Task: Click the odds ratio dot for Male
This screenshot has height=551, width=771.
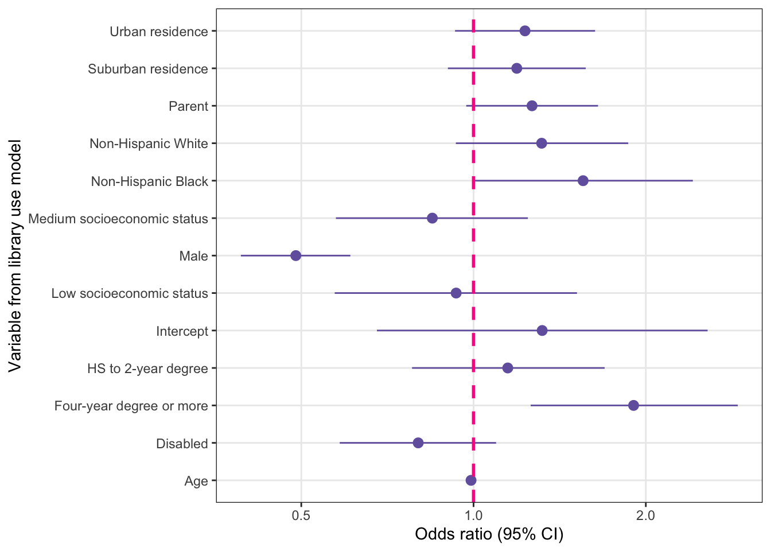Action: point(295,255)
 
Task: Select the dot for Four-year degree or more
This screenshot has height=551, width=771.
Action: point(633,406)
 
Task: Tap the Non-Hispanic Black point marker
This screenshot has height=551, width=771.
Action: point(583,181)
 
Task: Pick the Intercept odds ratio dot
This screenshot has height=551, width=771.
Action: point(542,331)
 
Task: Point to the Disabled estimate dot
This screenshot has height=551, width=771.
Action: point(418,443)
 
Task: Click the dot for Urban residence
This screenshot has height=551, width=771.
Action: point(525,31)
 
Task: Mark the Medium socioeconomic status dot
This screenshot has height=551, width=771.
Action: point(433,218)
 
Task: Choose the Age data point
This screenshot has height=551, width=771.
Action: point(471,480)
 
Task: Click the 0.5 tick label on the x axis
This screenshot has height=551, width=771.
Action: point(301,515)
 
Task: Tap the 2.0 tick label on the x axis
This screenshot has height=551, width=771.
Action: point(646,515)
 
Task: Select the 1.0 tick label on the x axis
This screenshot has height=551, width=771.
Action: point(473,515)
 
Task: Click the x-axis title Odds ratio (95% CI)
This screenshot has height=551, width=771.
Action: point(489,534)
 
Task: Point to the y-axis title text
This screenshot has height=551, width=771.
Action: point(15,255)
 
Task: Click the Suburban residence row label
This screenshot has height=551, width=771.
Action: point(147,69)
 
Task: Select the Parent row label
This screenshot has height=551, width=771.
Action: point(188,106)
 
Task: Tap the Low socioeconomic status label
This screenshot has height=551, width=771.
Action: point(130,293)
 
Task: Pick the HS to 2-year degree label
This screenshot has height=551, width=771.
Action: point(147,368)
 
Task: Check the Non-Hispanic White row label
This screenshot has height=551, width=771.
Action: point(149,143)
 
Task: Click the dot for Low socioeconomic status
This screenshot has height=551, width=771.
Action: point(456,293)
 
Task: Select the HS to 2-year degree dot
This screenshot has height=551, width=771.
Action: point(508,368)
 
